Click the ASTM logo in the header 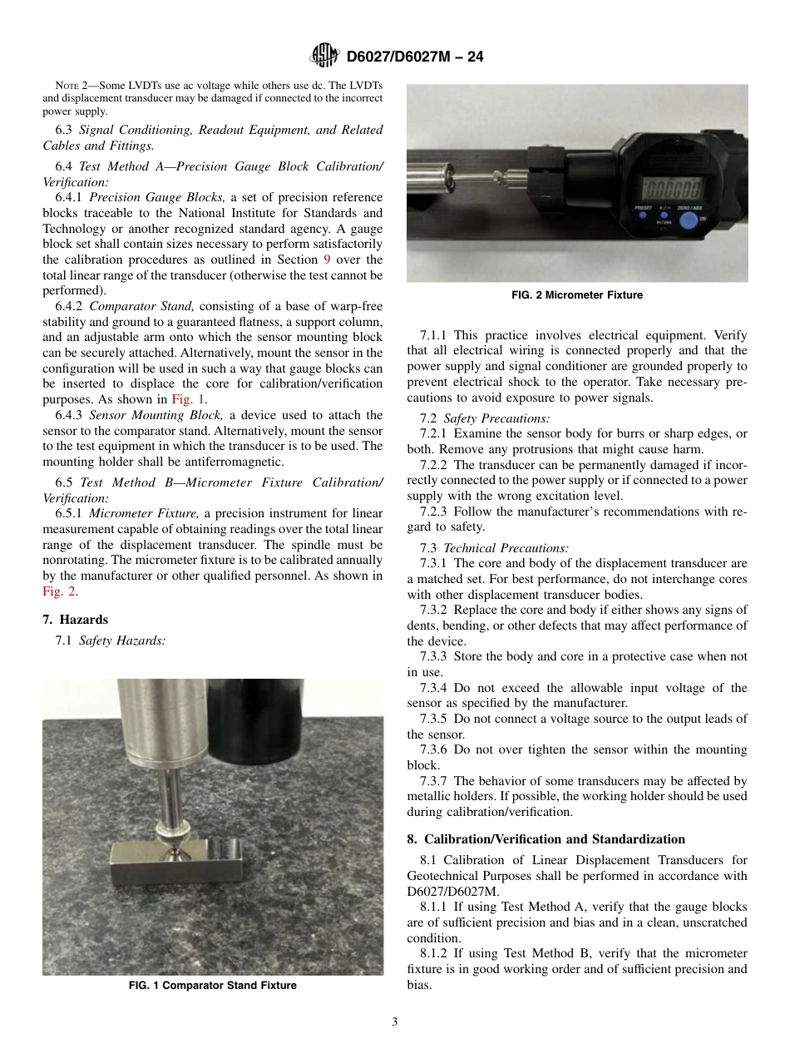(323, 56)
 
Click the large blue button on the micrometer (689, 220)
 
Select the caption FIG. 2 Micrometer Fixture (577, 294)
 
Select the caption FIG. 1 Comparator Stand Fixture (213, 986)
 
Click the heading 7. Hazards (75, 620)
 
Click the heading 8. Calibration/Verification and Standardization (546, 838)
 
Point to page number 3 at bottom (395, 1022)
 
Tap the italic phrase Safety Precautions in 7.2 (496, 418)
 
